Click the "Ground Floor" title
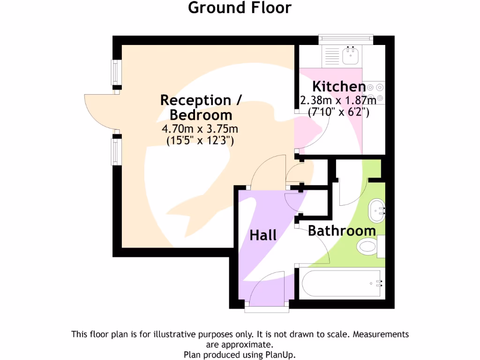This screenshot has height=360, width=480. pyautogui.click(x=240, y=7)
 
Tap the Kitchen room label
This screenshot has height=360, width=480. pyautogui.click(x=339, y=87)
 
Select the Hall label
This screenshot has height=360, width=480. pyautogui.click(x=263, y=235)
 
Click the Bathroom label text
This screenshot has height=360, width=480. pyautogui.click(x=342, y=231)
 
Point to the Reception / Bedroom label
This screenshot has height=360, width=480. pyautogui.click(x=201, y=107)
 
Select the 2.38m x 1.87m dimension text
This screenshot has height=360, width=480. pyautogui.click(x=338, y=100)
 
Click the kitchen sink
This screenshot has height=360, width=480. pyautogui.click(x=350, y=56)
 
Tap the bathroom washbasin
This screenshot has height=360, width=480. pyautogui.click(x=376, y=211)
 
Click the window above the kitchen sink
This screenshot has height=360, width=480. pyautogui.click(x=345, y=38)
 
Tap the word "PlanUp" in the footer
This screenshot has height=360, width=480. pyautogui.click(x=280, y=354)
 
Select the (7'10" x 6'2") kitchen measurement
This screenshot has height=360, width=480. pyautogui.click(x=338, y=112)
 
